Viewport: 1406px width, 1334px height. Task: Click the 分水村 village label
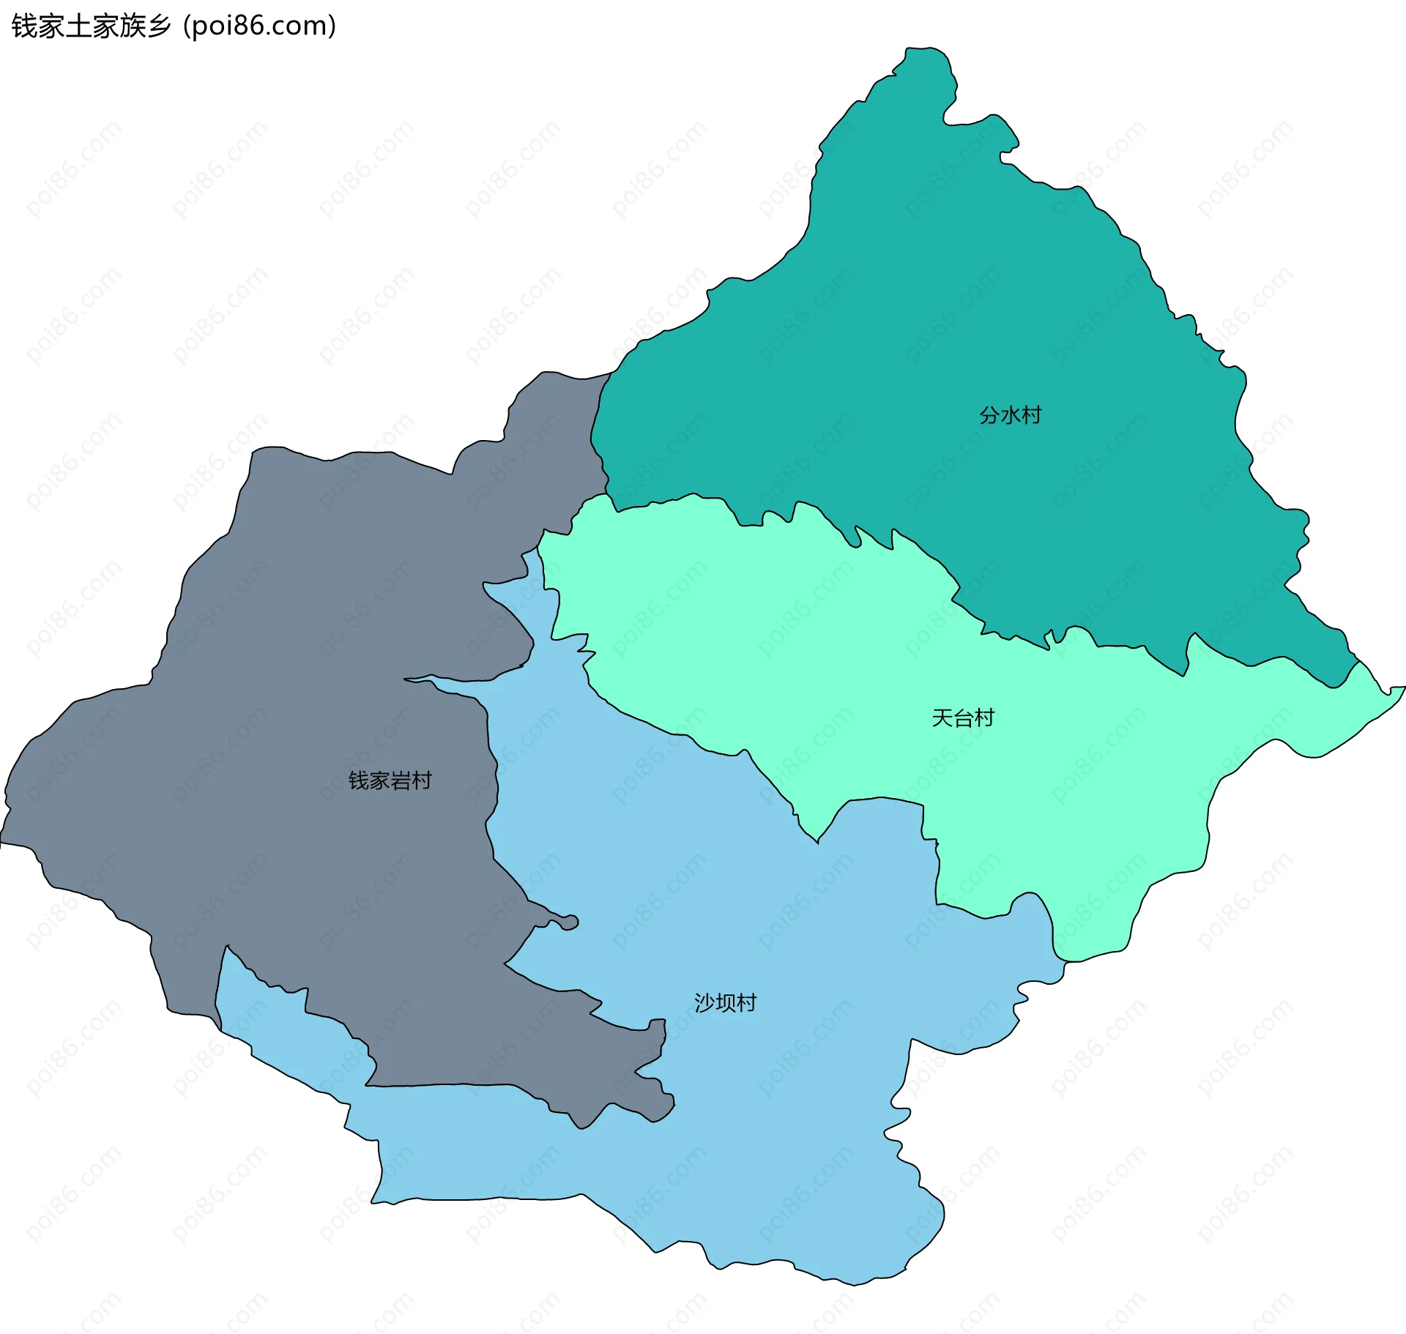pyautogui.click(x=1010, y=415)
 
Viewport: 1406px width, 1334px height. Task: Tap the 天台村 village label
pyautogui.click(x=963, y=718)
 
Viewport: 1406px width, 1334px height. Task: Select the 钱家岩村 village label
pyautogui.click(x=390, y=780)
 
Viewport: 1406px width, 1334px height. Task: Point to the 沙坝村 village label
pyautogui.click(x=725, y=1002)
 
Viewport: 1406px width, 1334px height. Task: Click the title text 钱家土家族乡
pyautogui.click(x=92, y=26)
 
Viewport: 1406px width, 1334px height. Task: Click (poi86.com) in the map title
pyautogui.click(x=260, y=26)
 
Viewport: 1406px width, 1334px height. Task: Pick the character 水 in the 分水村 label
pyautogui.click(x=1011, y=415)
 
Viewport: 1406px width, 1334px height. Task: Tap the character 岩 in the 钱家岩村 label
pyautogui.click(x=401, y=780)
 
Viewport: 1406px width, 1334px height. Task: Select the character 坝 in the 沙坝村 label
pyautogui.click(x=725, y=1002)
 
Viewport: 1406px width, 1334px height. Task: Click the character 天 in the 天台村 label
pyautogui.click(x=942, y=718)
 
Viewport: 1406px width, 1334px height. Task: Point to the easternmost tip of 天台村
pyautogui.click(x=1404, y=688)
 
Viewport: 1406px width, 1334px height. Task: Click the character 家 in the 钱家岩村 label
pyautogui.click(x=379, y=780)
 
